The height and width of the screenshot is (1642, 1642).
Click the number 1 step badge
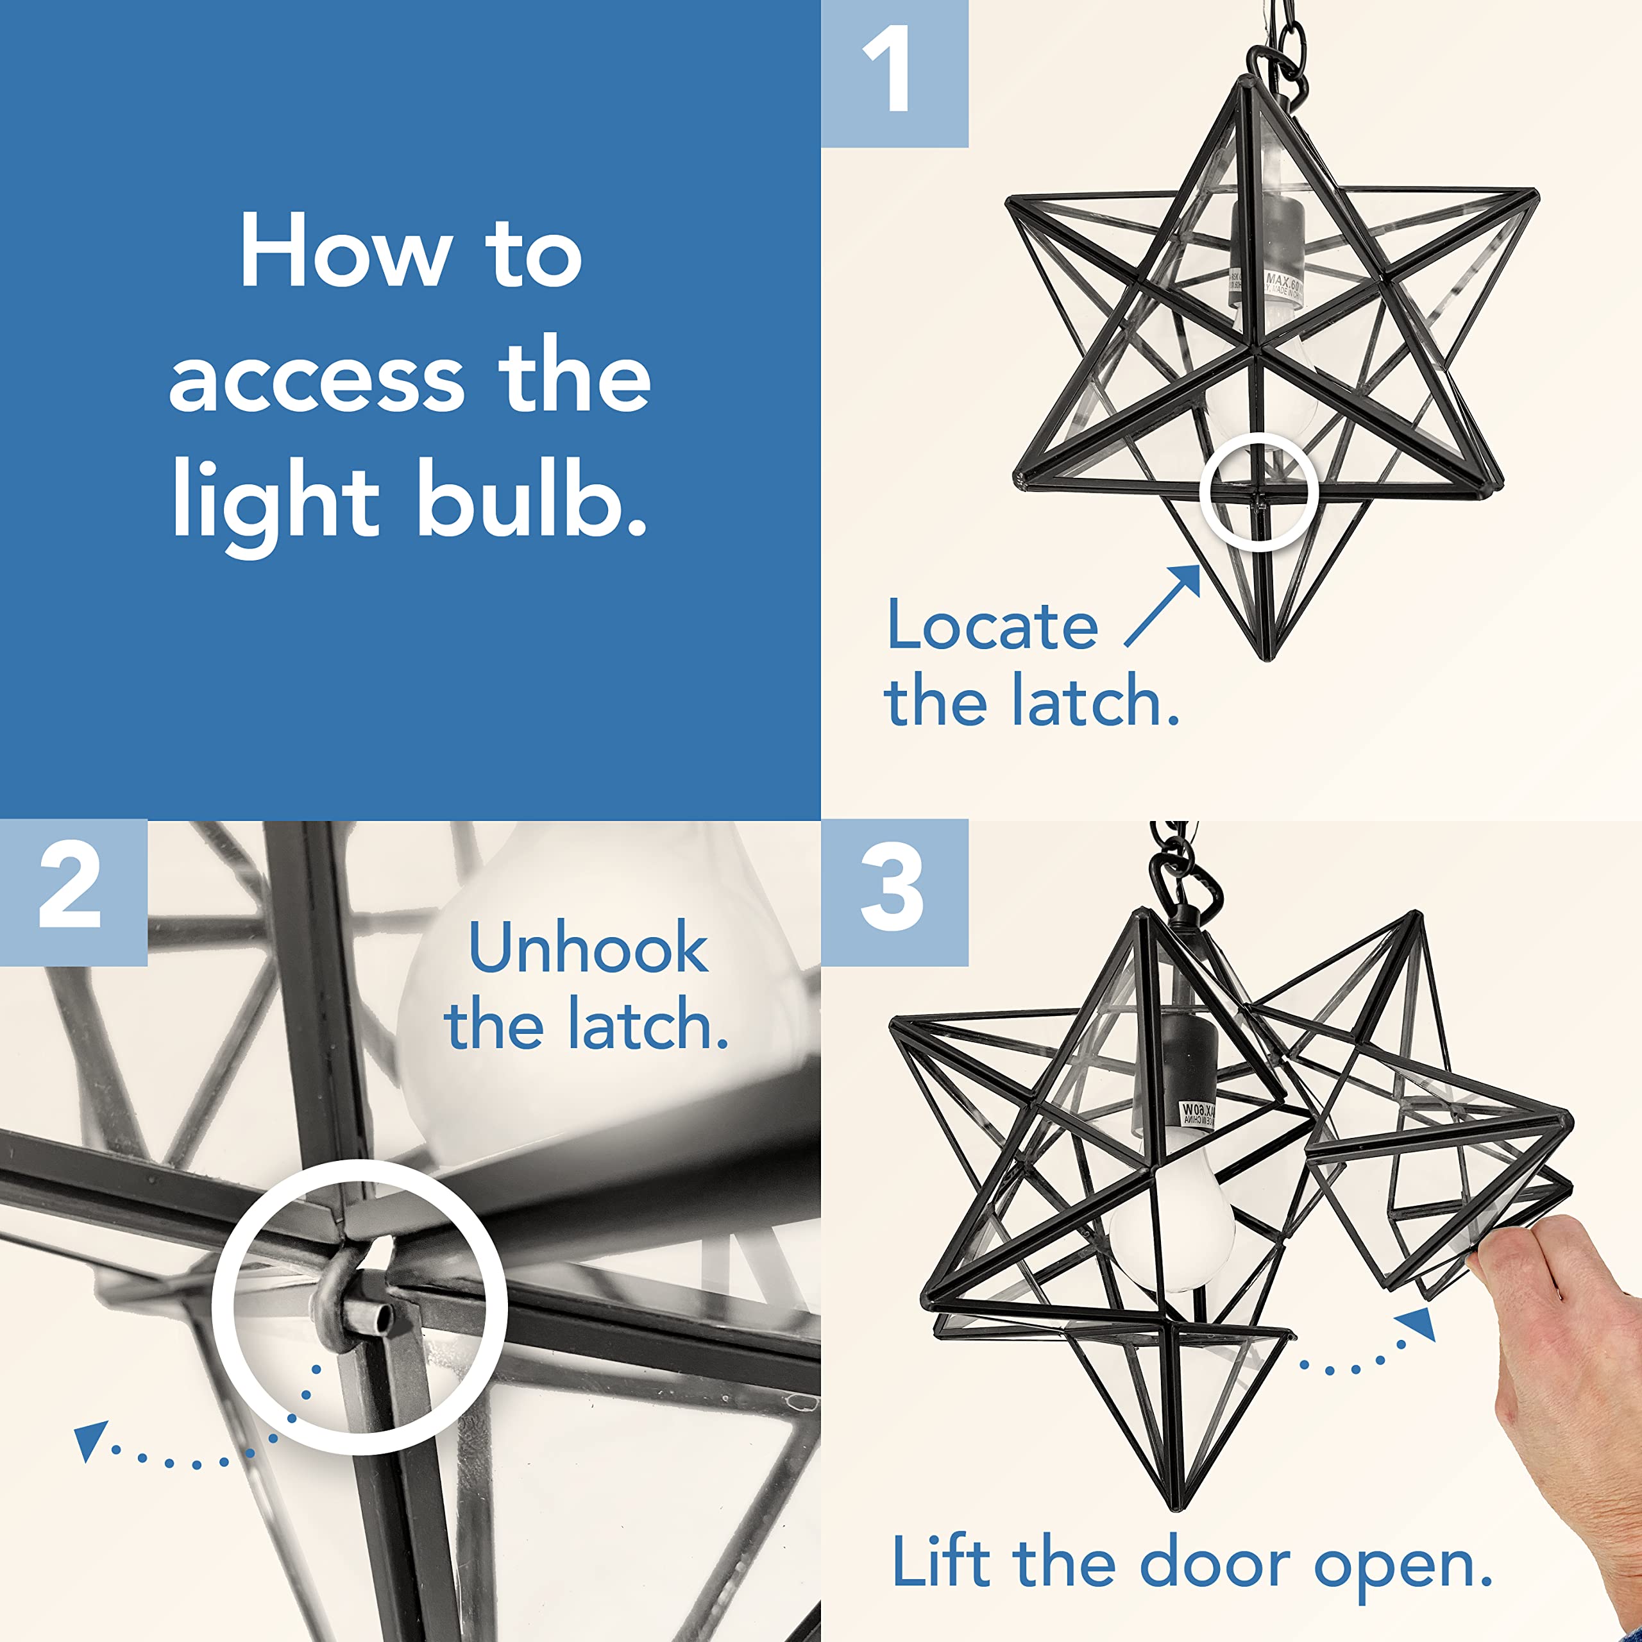[894, 73]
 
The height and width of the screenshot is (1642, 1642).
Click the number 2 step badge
[73, 892]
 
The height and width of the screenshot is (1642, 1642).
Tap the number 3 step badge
[894, 892]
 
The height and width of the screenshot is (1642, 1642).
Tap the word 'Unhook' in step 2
[588, 949]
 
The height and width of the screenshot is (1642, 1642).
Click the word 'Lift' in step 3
[942, 1562]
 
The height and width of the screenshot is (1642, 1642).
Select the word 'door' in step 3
[1216, 1562]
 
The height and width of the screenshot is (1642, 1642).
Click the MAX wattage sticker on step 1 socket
[1266, 285]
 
